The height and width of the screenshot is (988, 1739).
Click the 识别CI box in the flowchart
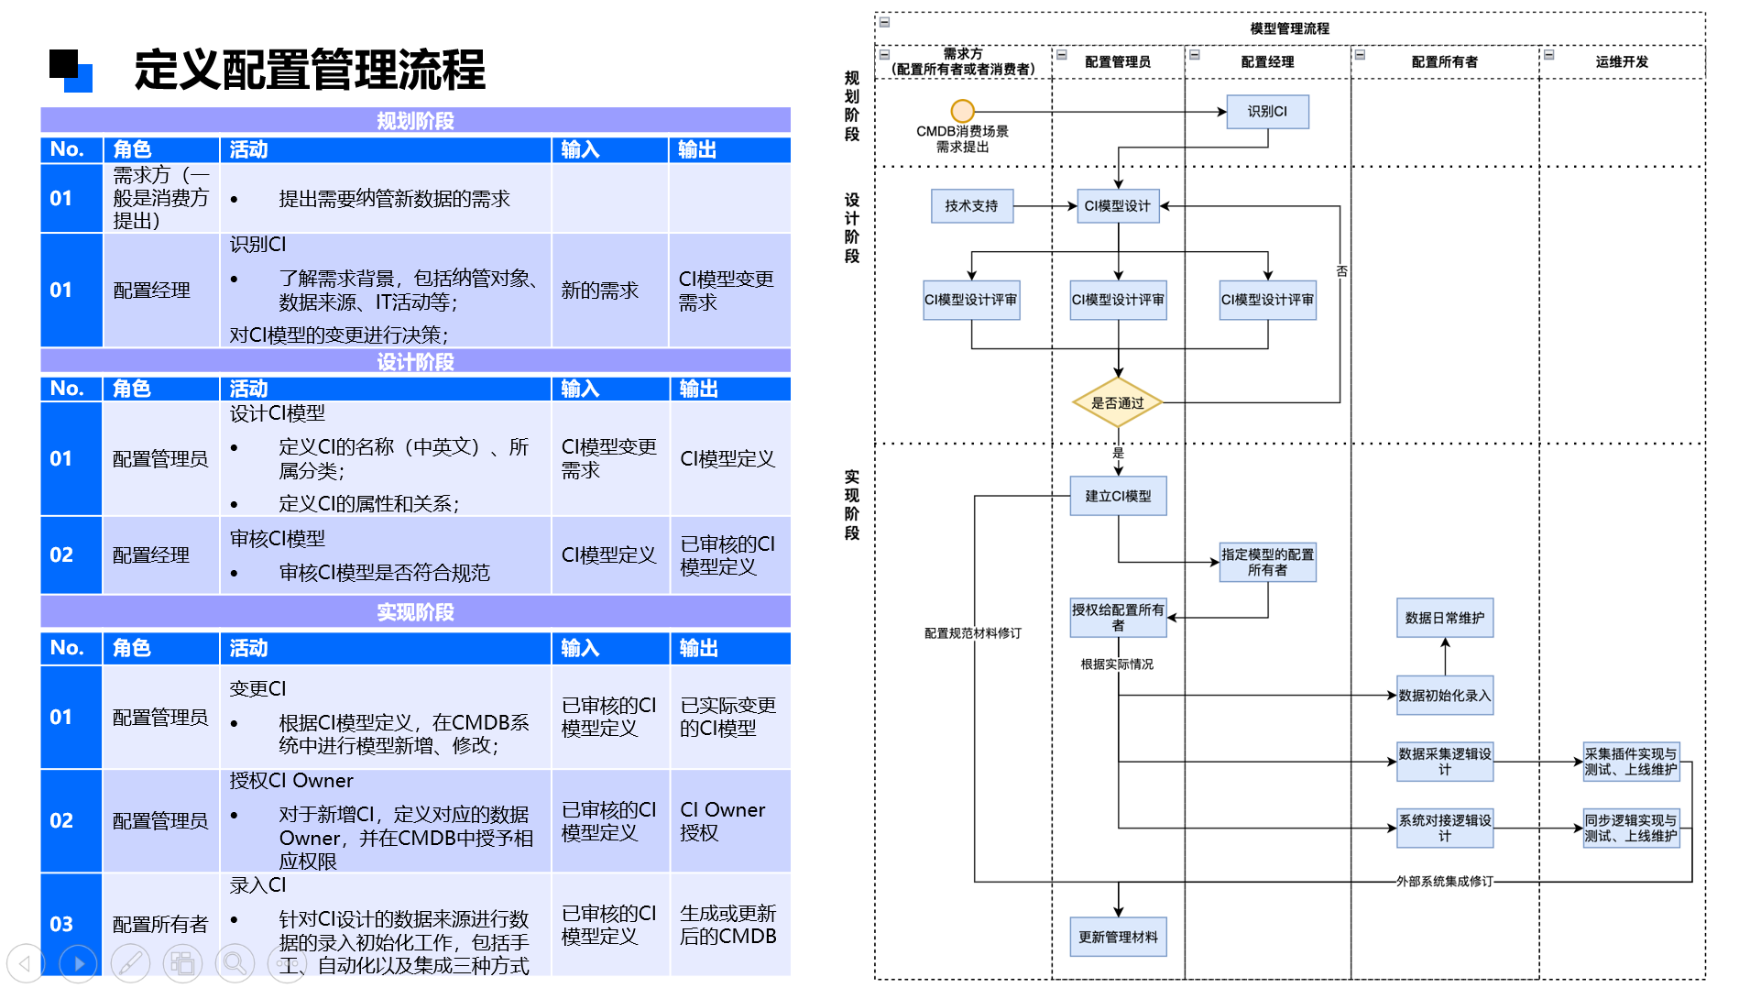pyautogui.click(x=1267, y=112)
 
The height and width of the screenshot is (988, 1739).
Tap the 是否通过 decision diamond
pyautogui.click(x=1117, y=402)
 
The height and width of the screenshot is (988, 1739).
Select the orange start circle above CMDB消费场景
pyautogui.click(x=962, y=111)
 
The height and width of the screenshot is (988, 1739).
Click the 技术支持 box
pyautogui.click(x=971, y=206)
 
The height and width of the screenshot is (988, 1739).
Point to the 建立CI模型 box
pyautogui.click(x=1118, y=496)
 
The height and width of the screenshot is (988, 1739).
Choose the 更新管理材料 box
pyautogui.click(x=1118, y=937)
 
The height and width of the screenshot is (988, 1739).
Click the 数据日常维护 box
pyautogui.click(x=1444, y=618)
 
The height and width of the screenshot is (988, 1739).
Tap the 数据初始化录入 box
pyautogui.click(x=1444, y=696)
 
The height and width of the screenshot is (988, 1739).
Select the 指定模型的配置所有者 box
pyautogui.click(x=1267, y=562)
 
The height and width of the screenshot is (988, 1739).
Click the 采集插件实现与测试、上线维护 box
pyautogui.click(x=1631, y=762)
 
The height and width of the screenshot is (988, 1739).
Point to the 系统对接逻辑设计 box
pyautogui.click(x=1444, y=828)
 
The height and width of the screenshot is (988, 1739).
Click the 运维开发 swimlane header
pyautogui.click(x=1622, y=62)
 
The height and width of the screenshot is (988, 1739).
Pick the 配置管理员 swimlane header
pyautogui.click(x=1118, y=62)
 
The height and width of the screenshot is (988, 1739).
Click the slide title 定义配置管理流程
pyautogui.click(x=310, y=70)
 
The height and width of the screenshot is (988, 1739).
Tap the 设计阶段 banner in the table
pyautogui.click(x=415, y=362)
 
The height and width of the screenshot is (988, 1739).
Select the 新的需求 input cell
pyautogui.click(x=600, y=291)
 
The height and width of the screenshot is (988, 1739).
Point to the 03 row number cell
pyautogui.click(x=61, y=924)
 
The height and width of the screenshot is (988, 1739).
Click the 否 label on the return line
pyautogui.click(x=1341, y=271)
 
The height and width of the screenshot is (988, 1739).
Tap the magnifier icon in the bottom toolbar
pyautogui.click(x=235, y=963)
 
